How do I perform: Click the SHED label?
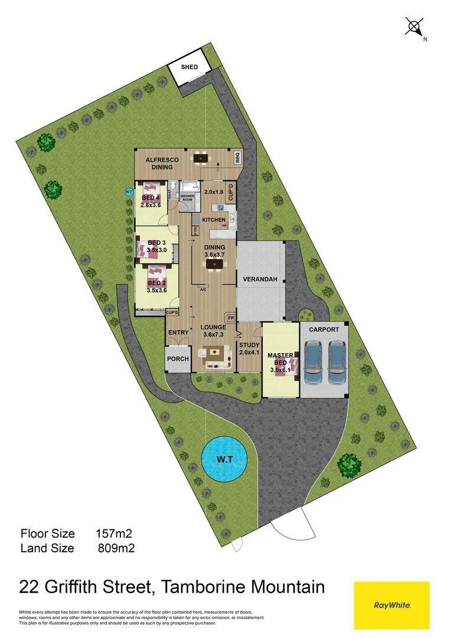tap(189, 67)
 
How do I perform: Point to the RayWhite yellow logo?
tap(391, 605)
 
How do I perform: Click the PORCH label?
tap(178, 359)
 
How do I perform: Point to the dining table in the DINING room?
tap(214, 263)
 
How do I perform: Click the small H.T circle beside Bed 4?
tap(129, 191)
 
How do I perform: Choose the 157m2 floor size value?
tap(113, 533)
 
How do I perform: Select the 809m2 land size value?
tap(116, 548)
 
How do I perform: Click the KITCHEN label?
tap(213, 220)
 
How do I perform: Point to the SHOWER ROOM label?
tap(188, 197)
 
